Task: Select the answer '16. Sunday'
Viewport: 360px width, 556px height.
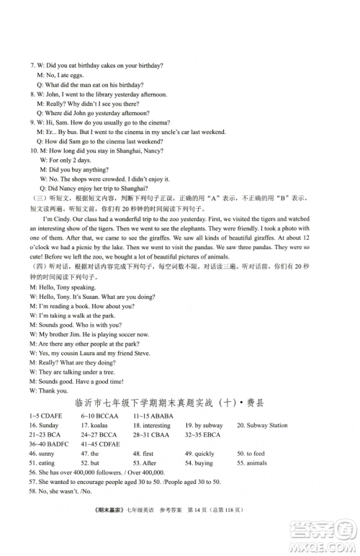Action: coord(45,426)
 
